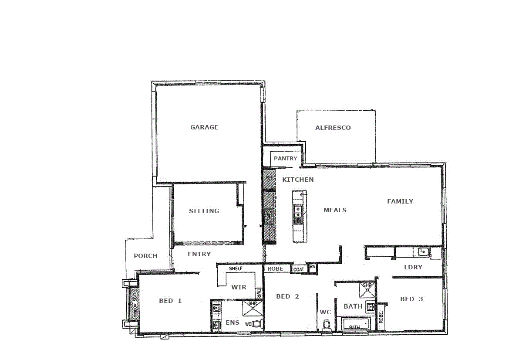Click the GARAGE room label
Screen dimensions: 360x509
[x=204, y=127]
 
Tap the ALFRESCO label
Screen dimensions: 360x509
[x=333, y=128]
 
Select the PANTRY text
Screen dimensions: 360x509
[x=285, y=159]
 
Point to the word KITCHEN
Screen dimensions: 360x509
[x=298, y=180]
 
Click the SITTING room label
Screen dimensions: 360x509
[x=204, y=211]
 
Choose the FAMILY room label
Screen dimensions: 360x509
[x=400, y=201]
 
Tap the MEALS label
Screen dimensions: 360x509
[x=335, y=210]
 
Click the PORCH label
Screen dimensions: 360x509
[x=145, y=256]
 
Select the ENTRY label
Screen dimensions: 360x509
[x=199, y=254]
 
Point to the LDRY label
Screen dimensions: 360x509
[x=413, y=267]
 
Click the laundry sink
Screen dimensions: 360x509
[x=423, y=251]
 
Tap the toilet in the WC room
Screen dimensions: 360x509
[x=326, y=325]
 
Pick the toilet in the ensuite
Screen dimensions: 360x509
[x=256, y=324]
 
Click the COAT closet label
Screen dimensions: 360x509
[x=299, y=270]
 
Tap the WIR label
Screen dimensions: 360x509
[x=239, y=287]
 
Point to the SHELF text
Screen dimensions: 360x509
[x=236, y=269]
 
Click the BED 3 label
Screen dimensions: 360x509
[x=411, y=299]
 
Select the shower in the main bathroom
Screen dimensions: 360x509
[x=367, y=289]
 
